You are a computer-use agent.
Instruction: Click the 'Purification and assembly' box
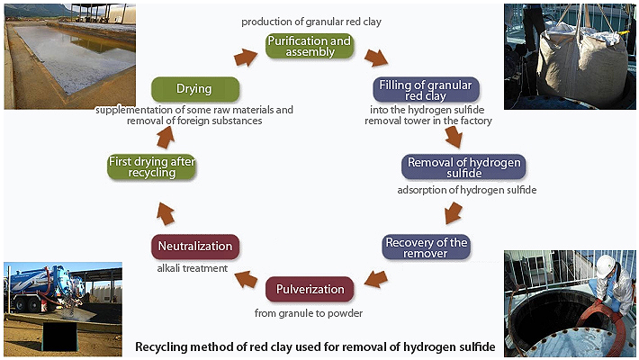click(x=309, y=47)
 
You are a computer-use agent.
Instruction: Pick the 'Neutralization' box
click(x=195, y=247)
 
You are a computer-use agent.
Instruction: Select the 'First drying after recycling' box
click(x=151, y=167)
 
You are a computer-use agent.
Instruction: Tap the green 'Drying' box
click(x=194, y=89)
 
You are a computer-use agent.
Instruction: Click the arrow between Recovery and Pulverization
click(x=373, y=278)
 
